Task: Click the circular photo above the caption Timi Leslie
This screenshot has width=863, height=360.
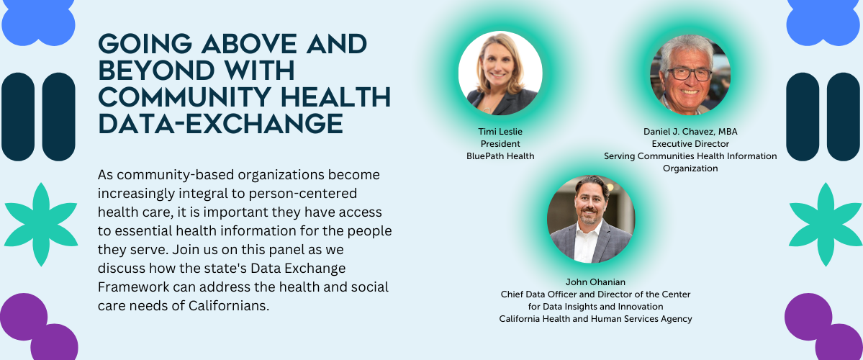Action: point(500,73)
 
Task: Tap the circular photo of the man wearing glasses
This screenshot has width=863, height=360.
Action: point(690,73)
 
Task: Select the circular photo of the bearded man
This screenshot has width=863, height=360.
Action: point(590,219)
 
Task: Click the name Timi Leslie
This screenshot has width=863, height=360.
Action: point(500,132)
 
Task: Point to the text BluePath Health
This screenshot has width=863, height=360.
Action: point(500,156)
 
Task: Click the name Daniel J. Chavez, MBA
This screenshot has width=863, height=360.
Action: point(690,132)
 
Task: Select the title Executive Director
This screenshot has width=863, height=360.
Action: point(690,144)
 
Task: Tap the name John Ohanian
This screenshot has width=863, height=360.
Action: point(595,282)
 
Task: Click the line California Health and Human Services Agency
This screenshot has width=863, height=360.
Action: point(595,319)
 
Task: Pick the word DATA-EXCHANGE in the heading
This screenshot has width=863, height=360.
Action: point(221,123)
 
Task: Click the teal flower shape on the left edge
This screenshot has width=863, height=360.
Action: point(41,225)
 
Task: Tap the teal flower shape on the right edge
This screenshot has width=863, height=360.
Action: point(825,225)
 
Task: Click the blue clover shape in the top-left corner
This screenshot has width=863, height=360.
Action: point(39,22)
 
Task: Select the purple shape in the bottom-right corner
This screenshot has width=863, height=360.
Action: point(824,328)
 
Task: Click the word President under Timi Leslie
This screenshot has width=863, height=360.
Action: point(500,144)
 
